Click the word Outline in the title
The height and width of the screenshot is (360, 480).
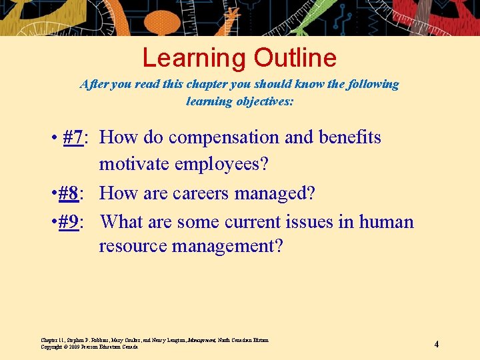(295, 58)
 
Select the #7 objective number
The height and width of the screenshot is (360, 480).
(73, 137)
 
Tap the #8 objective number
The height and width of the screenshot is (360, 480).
(69, 193)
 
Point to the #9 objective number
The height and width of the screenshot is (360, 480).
(69, 221)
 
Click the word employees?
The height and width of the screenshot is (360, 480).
(221, 163)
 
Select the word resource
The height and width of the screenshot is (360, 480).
(133, 246)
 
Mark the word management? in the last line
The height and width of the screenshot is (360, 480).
(227, 246)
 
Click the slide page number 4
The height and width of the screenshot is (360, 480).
(436, 344)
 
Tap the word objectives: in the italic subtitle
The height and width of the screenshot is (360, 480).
(262, 101)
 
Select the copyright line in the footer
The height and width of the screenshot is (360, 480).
(89, 347)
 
